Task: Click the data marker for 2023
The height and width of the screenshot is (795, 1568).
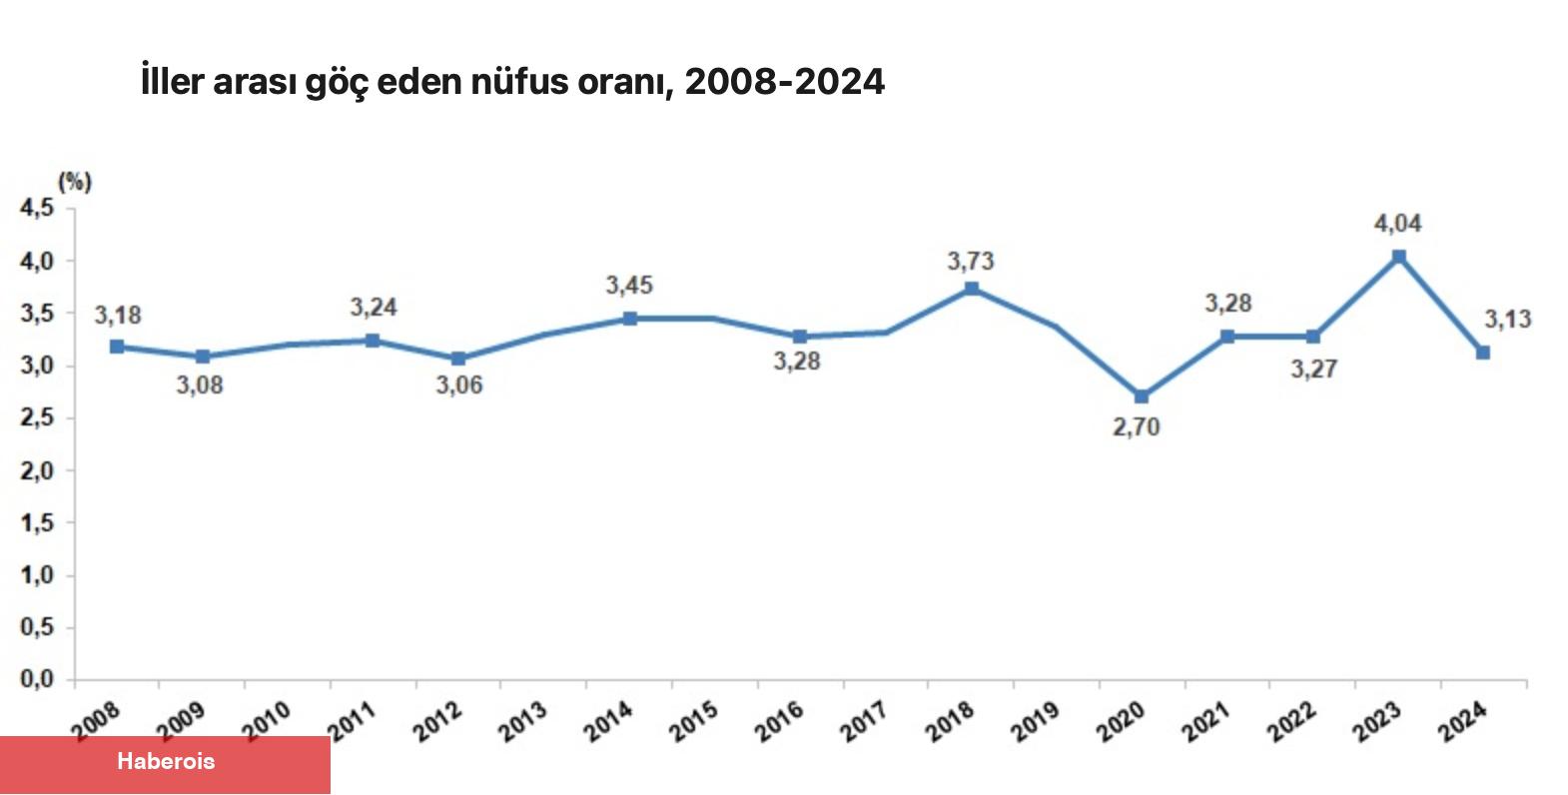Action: click(1398, 257)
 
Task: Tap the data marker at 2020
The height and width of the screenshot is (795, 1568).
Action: click(1142, 397)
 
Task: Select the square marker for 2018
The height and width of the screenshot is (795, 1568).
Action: click(971, 289)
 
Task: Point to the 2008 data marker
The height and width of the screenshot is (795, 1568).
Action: click(117, 347)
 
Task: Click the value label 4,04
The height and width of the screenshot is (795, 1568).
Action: click(1397, 224)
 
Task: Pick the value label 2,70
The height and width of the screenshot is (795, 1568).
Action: click(1137, 427)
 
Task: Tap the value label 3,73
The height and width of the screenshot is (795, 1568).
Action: click(971, 262)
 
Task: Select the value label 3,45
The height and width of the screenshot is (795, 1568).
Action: click(629, 286)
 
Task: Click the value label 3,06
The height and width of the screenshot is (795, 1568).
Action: click(459, 386)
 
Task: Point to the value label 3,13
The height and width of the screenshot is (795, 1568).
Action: click(1507, 320)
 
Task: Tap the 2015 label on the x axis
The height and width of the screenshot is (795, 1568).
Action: click(693, 721)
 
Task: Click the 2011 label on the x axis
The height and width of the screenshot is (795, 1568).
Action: click(352, 721)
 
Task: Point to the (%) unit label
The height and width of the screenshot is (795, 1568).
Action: click(75, 182)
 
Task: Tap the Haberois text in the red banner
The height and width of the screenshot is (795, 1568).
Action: click(166, 761)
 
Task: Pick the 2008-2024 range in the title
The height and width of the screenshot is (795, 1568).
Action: click(785, 81)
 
